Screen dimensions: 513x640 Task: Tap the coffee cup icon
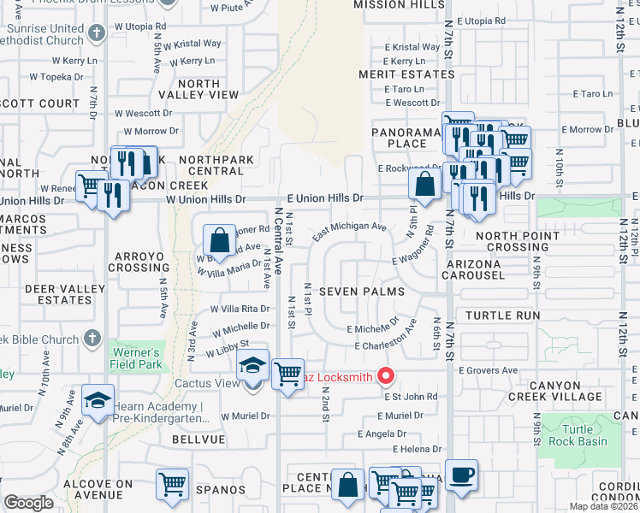click(462, 475)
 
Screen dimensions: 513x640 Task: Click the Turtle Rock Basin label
click(584, 435)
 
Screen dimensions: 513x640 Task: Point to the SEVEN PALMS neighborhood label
click(360, 292)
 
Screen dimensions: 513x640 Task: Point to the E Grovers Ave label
click(488, 371)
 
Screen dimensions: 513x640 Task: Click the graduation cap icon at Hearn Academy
click(98, 400)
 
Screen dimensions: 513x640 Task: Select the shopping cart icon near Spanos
click(172, 484)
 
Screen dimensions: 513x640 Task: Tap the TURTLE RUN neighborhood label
click(503, 315)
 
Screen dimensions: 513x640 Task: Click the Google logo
click(28, 503)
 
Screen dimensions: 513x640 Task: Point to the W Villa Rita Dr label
click(234, 309)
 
